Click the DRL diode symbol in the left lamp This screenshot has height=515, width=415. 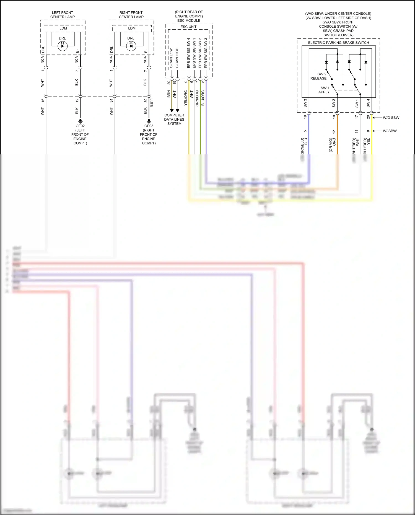63,46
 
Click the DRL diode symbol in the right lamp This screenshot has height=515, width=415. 131,46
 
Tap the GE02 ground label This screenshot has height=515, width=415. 80,126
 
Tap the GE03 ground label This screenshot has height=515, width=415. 149,126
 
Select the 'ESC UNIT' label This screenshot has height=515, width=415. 188,27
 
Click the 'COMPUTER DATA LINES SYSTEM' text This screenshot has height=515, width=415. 174,119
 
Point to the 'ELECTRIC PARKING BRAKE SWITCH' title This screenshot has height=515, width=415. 338,43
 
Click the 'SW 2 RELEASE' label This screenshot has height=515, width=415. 319,76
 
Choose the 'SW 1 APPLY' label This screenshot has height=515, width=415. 324,90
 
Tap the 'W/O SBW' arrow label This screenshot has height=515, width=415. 391,118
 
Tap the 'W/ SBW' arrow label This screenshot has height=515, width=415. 390,131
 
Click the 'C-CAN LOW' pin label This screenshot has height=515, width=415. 171,58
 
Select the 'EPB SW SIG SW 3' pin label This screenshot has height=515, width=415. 206,53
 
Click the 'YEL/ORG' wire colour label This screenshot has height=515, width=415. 186,98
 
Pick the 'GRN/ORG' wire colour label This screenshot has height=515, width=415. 197,99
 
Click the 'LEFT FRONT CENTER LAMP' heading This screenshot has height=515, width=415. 63,15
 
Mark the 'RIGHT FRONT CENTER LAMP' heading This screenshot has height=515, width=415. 131,15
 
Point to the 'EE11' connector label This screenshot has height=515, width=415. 151,103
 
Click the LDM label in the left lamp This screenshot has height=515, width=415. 63,28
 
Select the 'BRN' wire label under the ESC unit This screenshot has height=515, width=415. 169,94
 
